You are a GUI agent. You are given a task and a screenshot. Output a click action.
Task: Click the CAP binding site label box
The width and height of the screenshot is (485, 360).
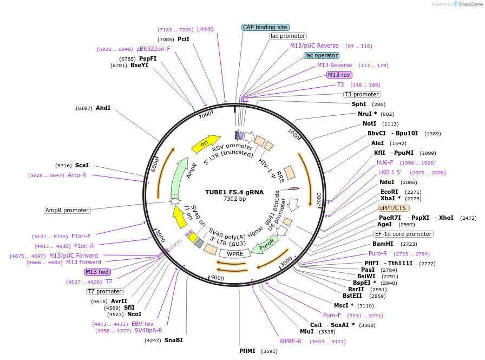click(265, 27)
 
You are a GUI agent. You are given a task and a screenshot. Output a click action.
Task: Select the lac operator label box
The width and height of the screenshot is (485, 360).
click(322, 55)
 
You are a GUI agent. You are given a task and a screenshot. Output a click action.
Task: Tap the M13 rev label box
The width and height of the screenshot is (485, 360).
click(339, 75)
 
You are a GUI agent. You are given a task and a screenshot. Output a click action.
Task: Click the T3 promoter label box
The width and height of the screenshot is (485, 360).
click(362, 94)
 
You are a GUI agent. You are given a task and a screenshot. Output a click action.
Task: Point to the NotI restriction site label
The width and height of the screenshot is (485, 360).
click(369, 123)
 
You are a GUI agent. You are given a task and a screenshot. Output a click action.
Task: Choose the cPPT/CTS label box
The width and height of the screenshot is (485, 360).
click(394, 207)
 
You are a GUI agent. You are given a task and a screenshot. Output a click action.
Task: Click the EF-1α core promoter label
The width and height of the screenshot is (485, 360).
click(404, 234)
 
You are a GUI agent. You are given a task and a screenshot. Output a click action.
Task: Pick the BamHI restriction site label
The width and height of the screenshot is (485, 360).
click(383, 244)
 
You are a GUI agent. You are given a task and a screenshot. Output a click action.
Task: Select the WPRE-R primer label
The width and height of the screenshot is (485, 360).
click(290, 342)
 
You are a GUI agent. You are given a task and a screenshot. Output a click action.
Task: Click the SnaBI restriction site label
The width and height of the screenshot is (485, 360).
click(174, 340)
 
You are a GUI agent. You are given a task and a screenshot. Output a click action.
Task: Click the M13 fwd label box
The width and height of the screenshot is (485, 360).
click(97, 272)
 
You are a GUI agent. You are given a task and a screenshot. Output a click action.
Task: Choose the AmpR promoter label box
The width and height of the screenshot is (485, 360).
click(67, 210)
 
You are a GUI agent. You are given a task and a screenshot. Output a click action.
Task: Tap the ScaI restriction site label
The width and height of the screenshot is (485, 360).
click(82, 165)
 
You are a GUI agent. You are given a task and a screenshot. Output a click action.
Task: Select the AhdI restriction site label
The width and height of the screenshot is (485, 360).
click(103, 108)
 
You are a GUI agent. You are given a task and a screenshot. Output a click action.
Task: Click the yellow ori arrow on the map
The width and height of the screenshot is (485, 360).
click(205, 144)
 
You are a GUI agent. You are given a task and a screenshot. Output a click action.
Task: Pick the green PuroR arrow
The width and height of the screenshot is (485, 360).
click(267, 245)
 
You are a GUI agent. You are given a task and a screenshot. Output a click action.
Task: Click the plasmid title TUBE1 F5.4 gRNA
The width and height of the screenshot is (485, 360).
click(234, 192)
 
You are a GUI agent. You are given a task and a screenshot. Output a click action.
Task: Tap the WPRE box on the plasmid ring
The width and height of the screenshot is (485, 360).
click(234, 253)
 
